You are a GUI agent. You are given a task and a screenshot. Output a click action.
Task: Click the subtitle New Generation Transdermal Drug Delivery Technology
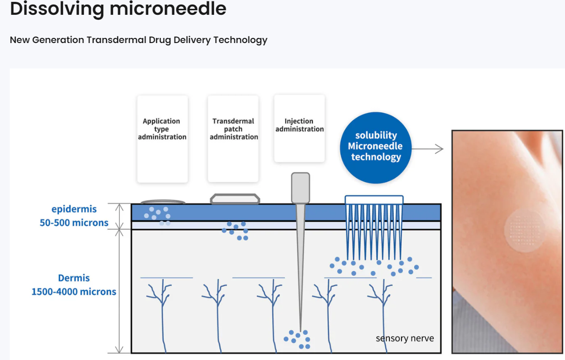(138, 40)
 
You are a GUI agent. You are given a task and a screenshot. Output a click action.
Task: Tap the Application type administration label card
(162, 138)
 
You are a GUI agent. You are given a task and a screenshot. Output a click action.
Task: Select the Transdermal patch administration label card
(233, 138)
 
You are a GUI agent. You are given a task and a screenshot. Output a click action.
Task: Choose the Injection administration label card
(299, 128)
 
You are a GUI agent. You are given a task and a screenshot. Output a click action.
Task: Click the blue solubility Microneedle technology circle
(376, 146)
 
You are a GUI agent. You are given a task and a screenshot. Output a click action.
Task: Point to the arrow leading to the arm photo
(427, 149)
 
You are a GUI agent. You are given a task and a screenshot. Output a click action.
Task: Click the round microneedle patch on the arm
(525, 231)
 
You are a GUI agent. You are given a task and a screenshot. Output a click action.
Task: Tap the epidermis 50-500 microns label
(74, 216)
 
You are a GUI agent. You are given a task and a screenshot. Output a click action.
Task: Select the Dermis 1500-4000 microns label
(74, 285)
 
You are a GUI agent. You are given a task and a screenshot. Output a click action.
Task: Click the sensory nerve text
(405, 338)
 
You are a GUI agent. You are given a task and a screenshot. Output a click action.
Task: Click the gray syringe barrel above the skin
(300, 188)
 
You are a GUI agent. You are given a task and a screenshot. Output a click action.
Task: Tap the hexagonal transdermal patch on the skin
(235, 199)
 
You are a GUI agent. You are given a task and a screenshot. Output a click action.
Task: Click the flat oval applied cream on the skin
(163, 202)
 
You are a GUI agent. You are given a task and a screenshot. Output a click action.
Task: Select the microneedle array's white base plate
(374, 200)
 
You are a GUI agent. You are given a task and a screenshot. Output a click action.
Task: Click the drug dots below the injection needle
(297, 339)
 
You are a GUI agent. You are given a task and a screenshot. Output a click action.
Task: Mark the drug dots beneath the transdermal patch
(235, 230)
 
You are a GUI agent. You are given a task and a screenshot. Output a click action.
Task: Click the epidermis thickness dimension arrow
(119, 216)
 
